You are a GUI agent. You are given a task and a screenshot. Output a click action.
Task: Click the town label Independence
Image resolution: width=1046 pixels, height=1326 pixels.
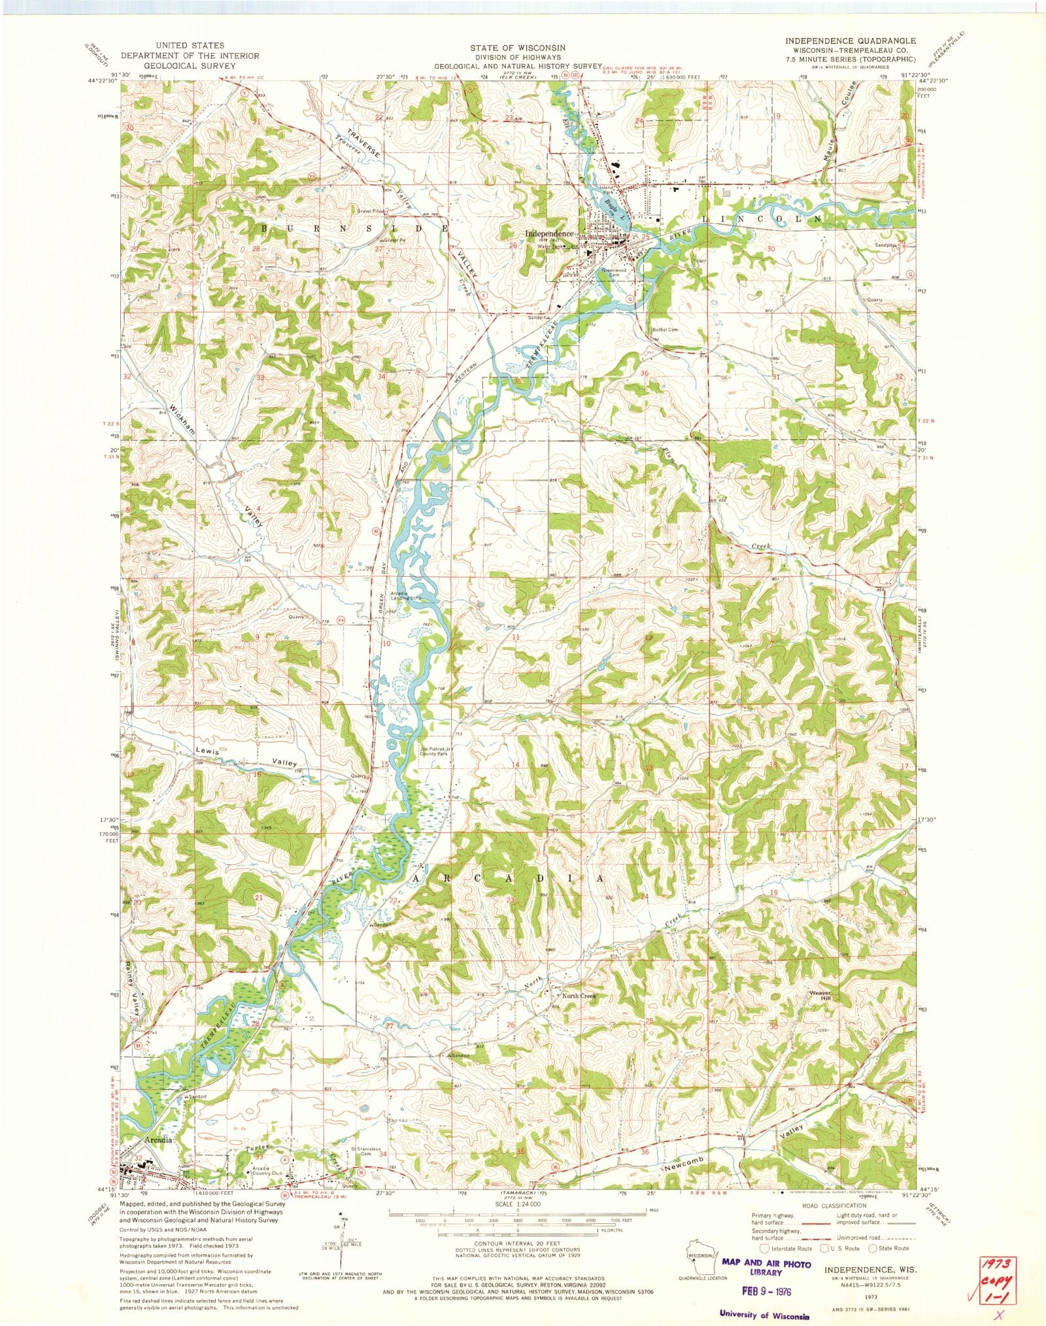pyautogui.click(x=549, y=233)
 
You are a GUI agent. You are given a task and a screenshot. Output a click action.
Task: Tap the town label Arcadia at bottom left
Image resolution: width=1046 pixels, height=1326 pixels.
pyautogui.click(x=158, y=1140)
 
